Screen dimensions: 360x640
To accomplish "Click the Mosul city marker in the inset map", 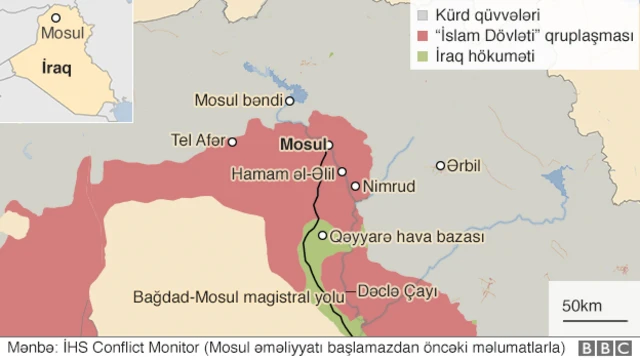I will pos(55,18).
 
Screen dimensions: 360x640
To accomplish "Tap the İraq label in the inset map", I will pos(58,69).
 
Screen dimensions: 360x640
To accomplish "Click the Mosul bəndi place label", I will pos(239,100).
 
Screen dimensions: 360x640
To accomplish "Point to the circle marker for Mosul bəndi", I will pos(289,100).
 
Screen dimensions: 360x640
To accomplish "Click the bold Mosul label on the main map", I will pos(302,143).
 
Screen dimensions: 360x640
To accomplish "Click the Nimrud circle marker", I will pos(355,186).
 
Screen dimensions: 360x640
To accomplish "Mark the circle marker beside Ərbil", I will pos(440,165).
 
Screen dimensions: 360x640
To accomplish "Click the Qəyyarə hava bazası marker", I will pos(322,236).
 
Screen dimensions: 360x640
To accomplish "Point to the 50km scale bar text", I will pos(580,304).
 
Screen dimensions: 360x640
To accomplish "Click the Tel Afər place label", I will pos(197,140).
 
